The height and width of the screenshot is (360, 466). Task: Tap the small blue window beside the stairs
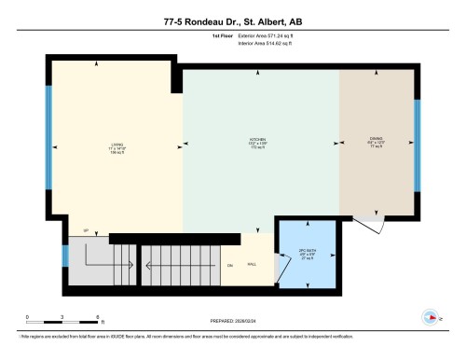coord(65,254)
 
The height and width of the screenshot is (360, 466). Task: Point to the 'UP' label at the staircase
coord(86,230)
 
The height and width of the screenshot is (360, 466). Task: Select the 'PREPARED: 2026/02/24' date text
coord(232,322)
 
